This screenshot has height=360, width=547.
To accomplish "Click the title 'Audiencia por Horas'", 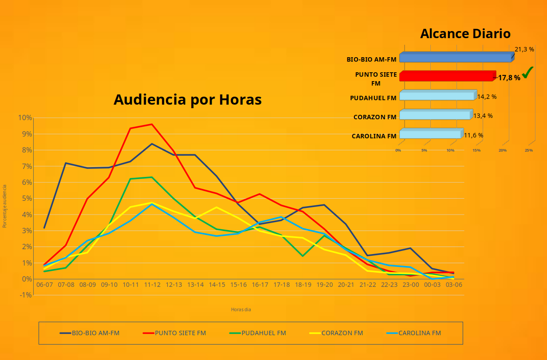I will [187, 100].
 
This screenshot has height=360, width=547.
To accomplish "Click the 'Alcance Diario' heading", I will [465, 34].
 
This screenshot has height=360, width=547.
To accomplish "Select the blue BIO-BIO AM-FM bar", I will [456, 58].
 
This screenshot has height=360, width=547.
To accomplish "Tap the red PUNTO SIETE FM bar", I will [447, 76].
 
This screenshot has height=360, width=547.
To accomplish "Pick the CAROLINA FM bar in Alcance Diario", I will [430, 134].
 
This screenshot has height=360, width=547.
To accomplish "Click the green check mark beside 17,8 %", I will [527, 73].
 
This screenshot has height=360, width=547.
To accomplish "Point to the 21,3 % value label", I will [524, 49].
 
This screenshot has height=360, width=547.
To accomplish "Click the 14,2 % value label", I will [487, 97].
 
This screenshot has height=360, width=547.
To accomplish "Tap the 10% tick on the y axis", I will [25, 117].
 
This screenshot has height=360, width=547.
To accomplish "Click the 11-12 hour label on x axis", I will [152, 285].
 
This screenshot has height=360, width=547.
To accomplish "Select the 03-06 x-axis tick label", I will [454, 285].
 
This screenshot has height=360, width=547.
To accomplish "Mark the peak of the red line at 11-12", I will [152, 124].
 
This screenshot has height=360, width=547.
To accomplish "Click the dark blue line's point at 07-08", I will [66, 163].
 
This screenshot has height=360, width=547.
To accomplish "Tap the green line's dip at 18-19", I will [303, 256].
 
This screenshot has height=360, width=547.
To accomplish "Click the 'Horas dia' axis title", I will [241, 309].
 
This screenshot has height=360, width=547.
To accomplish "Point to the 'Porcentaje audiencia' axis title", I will [5, 206].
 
